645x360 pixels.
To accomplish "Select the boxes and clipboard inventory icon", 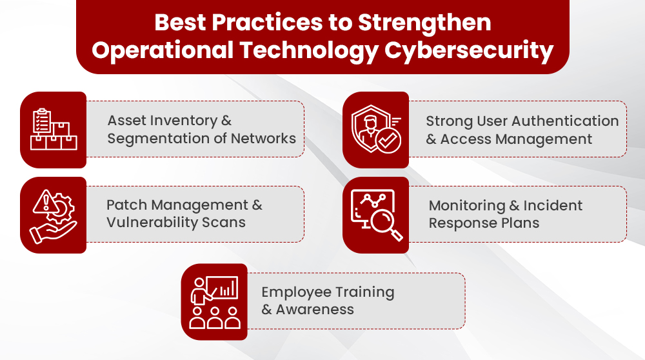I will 54,130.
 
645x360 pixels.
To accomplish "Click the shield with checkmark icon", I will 375,130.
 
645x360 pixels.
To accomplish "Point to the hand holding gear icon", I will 54,215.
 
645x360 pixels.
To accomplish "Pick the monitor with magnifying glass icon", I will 375,215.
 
